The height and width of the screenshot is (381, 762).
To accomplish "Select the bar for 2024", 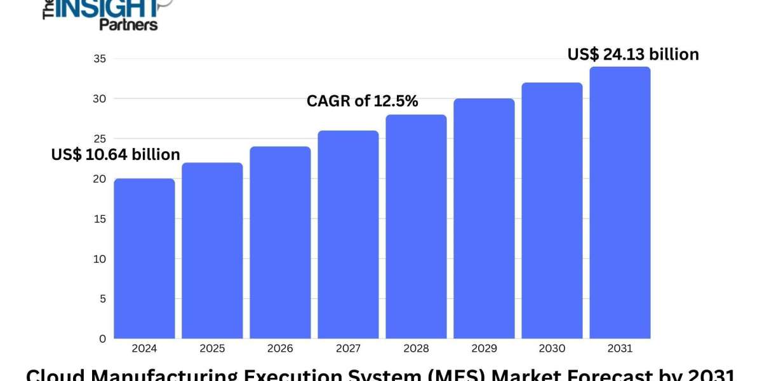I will tap(144, 258).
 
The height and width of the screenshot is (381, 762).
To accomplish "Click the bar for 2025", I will tap(212, 251).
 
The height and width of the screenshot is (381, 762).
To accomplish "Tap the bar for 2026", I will tap(280, 243).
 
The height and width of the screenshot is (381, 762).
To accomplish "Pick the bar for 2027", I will tap(348, 234).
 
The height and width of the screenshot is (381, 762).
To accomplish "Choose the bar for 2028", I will tap(416, 227).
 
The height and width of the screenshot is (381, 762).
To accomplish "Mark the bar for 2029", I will tap(484, 218).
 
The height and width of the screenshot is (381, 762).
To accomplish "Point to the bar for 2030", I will tap(552, 211).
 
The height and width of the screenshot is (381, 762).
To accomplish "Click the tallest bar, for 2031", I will tap(620, 203).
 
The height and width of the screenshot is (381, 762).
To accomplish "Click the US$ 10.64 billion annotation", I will tap(116, 154).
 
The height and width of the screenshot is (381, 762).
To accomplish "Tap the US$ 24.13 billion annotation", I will tap(633, 55).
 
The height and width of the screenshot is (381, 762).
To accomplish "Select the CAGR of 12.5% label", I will tap(362, 101).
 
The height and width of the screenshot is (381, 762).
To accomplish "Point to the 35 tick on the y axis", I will tap(99, 59).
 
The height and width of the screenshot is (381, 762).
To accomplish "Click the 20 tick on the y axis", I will tap(99, 179).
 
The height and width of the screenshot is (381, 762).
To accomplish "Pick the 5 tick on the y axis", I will tap(102, 299).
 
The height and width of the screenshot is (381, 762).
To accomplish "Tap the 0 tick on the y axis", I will tap(102, 339).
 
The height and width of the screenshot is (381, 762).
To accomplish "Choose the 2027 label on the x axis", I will tap(348, 349).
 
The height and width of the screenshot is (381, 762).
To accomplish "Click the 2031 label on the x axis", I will tap(620, 349).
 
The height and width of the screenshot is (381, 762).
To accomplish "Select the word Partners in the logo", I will tap(128, 24).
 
